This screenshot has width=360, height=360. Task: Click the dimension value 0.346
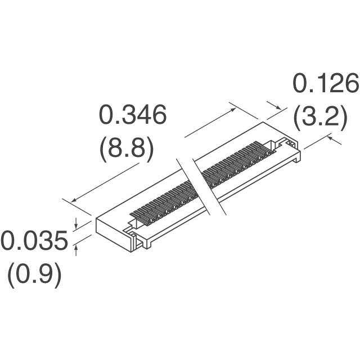click(x=133, y=115)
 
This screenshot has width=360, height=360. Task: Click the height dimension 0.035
click(x=33, y=242)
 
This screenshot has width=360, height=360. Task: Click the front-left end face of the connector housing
click(x=113, y=233)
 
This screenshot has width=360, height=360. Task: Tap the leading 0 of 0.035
click(x=8, y=242)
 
